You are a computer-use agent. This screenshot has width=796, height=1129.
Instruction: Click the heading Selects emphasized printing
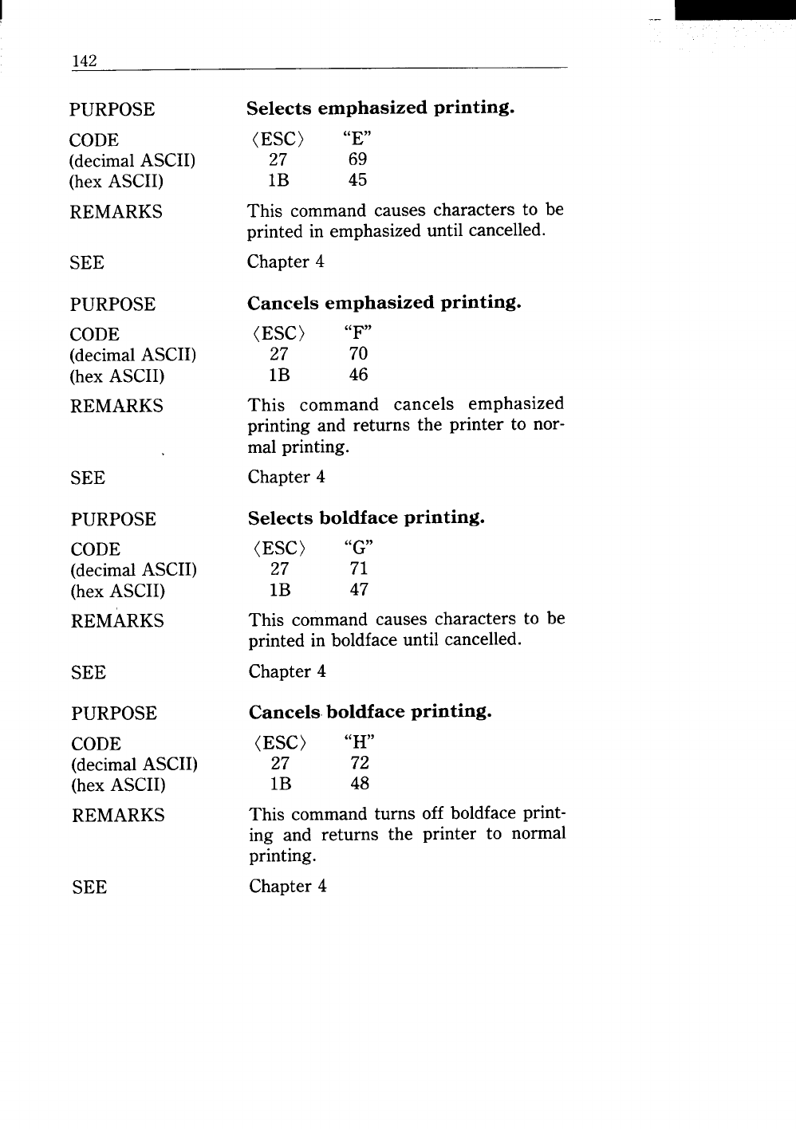tap(379, 108)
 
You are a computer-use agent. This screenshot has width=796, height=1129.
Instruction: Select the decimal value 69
tap(357, 159)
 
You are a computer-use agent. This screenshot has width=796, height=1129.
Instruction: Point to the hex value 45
tap(357, 180)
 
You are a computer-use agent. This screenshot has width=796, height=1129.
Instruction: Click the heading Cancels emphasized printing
tap(384, 303)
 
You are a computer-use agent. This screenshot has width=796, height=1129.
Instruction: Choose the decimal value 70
tap(358, 354)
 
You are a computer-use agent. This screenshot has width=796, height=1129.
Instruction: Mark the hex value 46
tap(358, 375)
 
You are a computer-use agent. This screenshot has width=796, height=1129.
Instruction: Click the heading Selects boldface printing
tap(366, 518)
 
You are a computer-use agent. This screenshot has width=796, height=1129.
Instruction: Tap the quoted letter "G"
tap(359, 549)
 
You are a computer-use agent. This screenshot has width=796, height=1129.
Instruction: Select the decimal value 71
tap(359, 569)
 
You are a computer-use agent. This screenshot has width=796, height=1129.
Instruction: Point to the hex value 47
tap(359, 590)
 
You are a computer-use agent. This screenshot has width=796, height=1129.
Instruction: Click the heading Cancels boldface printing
tap(370, 711)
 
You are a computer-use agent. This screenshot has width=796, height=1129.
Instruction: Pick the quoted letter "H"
tap(360, 742)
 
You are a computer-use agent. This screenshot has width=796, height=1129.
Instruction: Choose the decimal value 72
tap(360, 763)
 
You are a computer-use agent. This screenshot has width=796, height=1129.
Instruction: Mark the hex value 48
tap(360, 784)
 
